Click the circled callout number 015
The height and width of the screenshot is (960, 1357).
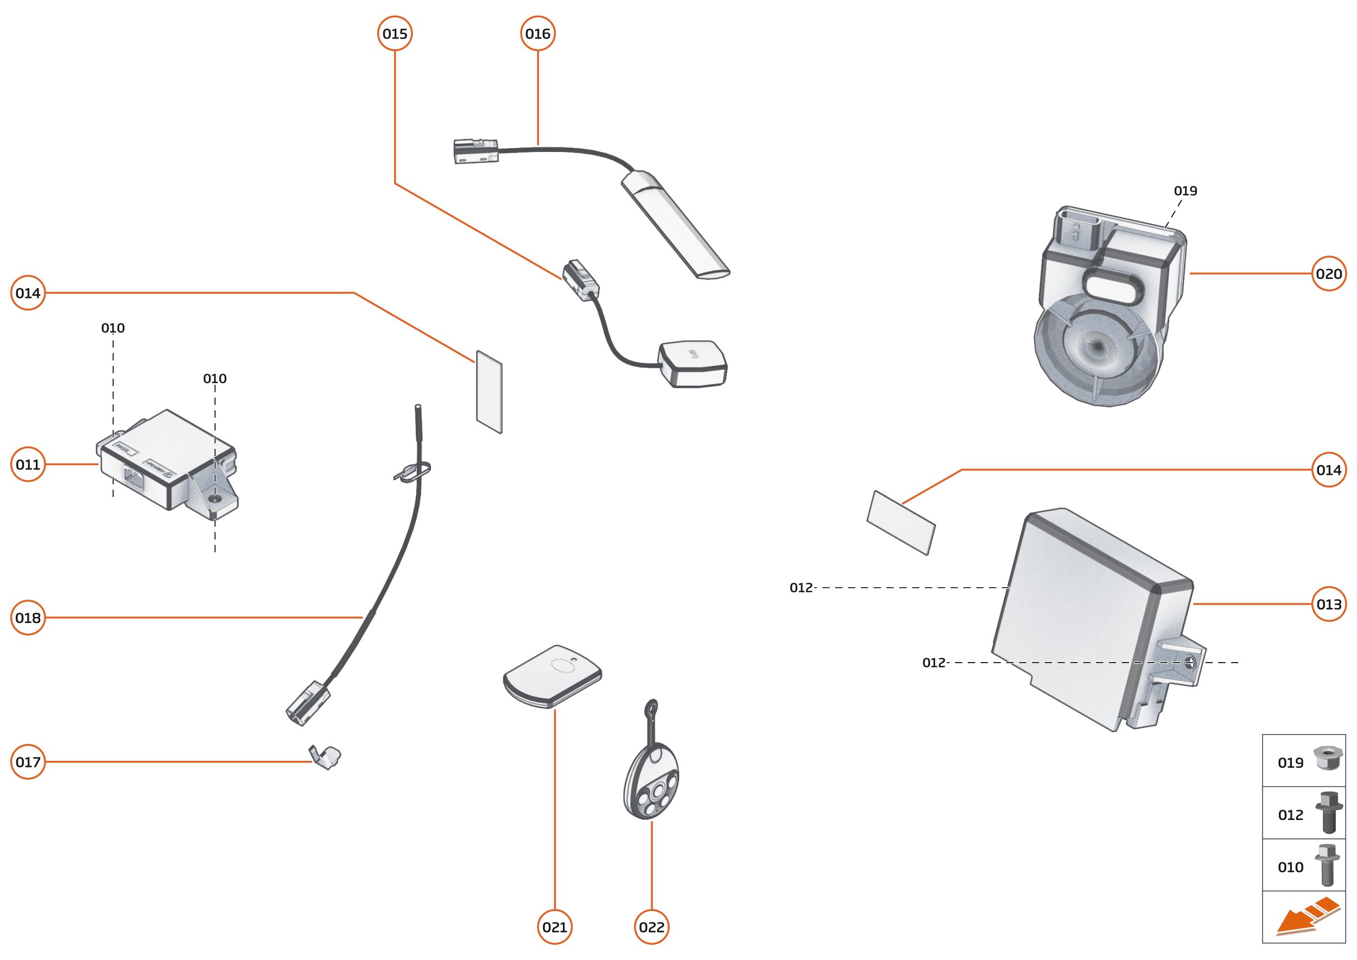pyautogui.click(x=395, y=34)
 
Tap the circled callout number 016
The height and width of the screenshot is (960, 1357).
pyautogui.click(x=537, y=34)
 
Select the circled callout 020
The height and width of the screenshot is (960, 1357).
pyautogui.click(x=1329, y=274)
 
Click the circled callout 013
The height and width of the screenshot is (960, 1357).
pyautogui.click(x=1329, y=604)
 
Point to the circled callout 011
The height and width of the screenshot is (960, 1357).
pyautogui.click(x=28, y=465)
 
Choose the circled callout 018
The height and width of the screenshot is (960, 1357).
pyautogui.click(x=28, y=618)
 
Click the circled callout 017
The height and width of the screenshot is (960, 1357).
pyautogui.click(x=28, y=762)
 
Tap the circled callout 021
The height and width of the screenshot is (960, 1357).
pyautogui.click(x=555, y=927)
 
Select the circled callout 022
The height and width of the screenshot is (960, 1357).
pyautogui.click(x=651, y=927)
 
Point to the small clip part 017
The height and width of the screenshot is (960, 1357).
pyautogui.click(x=325, y=757)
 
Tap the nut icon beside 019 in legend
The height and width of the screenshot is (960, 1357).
pyautogui.click(x=1328, y=759)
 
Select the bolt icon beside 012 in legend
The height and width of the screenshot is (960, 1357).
pyautogui.click(x=1328, y=812)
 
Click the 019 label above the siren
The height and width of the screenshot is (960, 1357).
pyautogui.click(x=1185, y=191)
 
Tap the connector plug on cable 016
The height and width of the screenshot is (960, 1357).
pyautogui.click(x=476, y=151)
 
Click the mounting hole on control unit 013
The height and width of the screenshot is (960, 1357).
pyautogui.click(x=1190, y=663)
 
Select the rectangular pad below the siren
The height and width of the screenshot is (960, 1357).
pyautogui.click(x=901, y=523)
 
